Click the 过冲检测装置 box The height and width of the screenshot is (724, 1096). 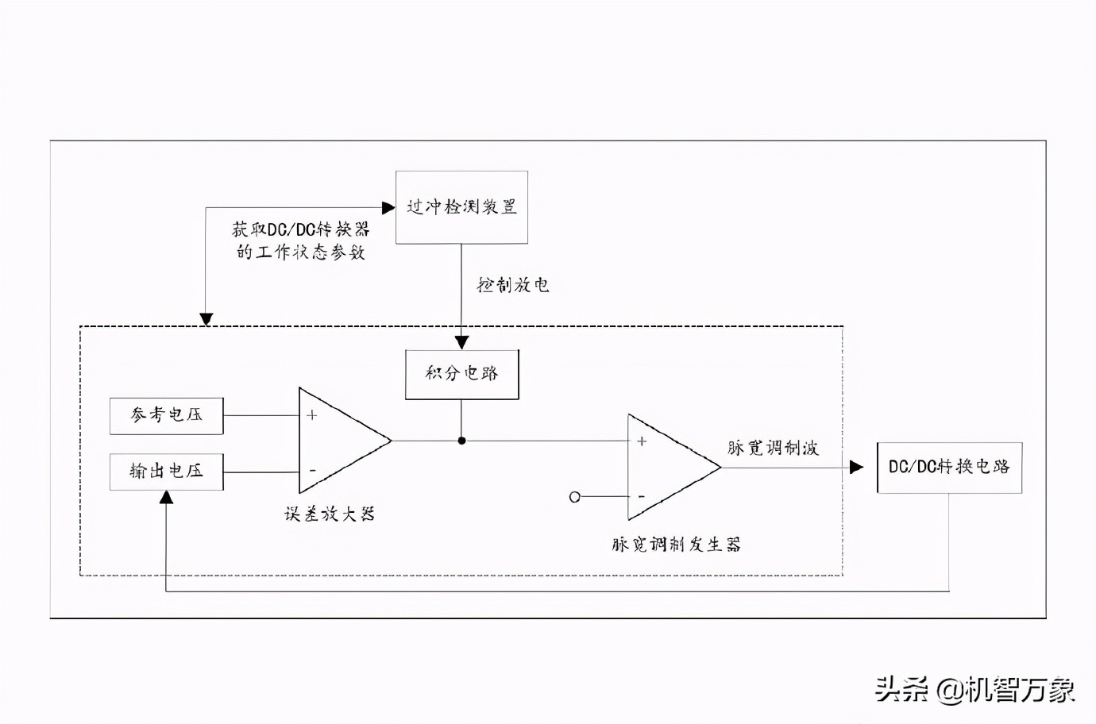click(x=461, y=207)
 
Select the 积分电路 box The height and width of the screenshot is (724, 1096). click(x=461, y=374)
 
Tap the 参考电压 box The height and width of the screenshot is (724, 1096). click(x=166, y=416)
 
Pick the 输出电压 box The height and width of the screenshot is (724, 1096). click(x=166, y=472)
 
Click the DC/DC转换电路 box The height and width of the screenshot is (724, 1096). click(x=949, y=468)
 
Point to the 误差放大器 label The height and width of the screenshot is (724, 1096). click(x=330, y=514)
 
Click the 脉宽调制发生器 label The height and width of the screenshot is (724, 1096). click(x=676, y=545)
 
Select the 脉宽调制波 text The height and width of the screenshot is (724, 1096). click(x=772, y=449)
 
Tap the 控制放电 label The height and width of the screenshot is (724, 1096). click(x=513, y=285)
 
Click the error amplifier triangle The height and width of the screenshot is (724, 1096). click(x=338, y=441)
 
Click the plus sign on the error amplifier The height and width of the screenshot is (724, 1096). click(x=312, y=415)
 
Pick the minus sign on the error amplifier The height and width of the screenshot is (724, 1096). click(x=312, y=471)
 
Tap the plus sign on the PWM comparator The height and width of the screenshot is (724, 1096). click(x=642, y=441)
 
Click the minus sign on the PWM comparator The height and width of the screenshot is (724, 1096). click(x=642, y=497)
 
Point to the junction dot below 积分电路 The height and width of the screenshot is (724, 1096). click(x=461, y=441)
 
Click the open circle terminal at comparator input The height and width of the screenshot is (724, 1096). click(x=575, y=497)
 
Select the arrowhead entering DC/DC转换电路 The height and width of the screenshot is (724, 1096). click(x=856, y=467)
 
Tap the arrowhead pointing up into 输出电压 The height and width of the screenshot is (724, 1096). click(x=166, y=498)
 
